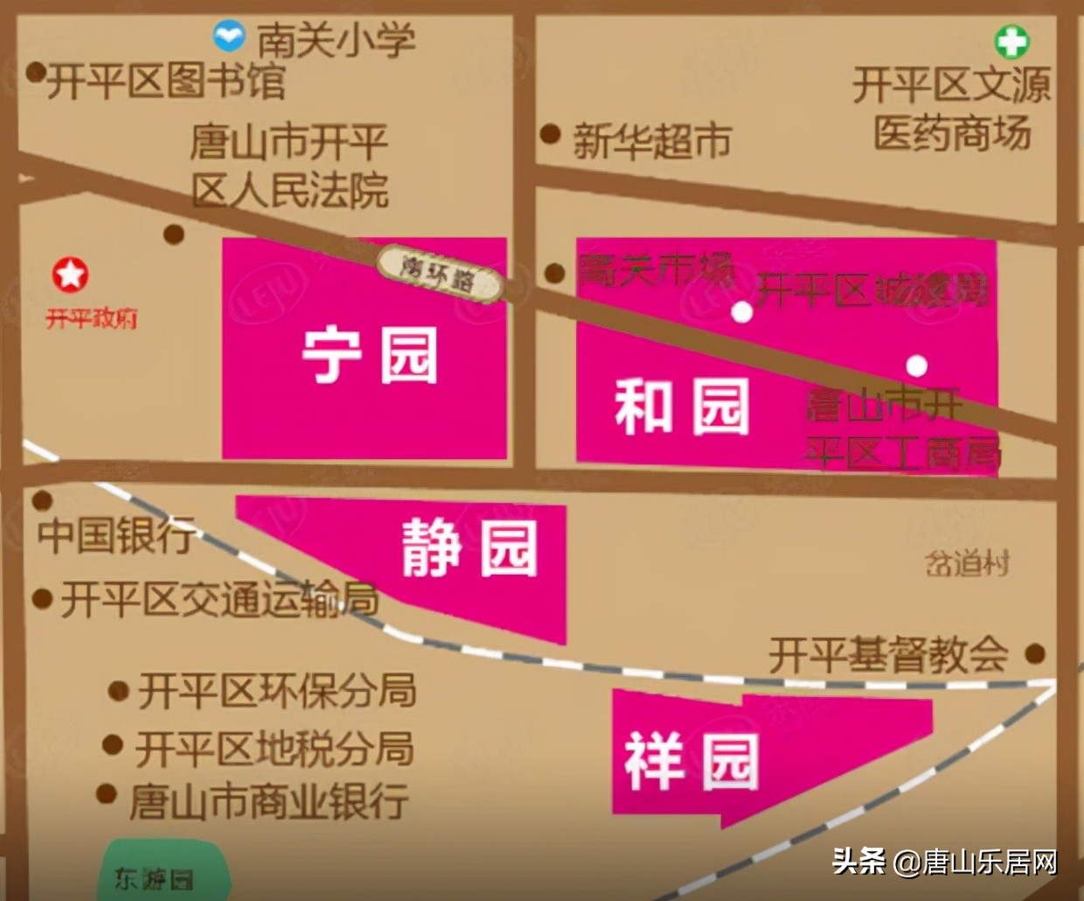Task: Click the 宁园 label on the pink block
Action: (x=369, y=355)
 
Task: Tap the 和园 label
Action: (x=682, y=407)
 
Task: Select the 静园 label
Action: (x=469, y=548)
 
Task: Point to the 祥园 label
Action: (x=691, y=761)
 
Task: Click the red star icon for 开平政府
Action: (x=70, y=275)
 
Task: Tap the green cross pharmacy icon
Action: (x=1011, y=41)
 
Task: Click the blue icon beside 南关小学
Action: (x=229, y=37)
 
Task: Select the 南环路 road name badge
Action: (x=440, y=274)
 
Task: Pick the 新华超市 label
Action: (x=652, y=140)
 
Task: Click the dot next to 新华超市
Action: (x=550, y=134)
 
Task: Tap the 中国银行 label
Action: (x=116, y=534)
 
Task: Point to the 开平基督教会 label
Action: (x=888, y=654)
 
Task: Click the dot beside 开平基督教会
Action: (x=1035, y=653)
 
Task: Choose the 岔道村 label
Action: (x=967, y=563)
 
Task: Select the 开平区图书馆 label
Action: (x=166, y=81)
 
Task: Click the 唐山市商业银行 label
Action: (x=268, y=801)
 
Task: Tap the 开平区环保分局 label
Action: (x=276, y=691)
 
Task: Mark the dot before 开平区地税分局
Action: (x=112, y=745)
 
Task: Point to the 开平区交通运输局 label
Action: (x=219, y=600)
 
